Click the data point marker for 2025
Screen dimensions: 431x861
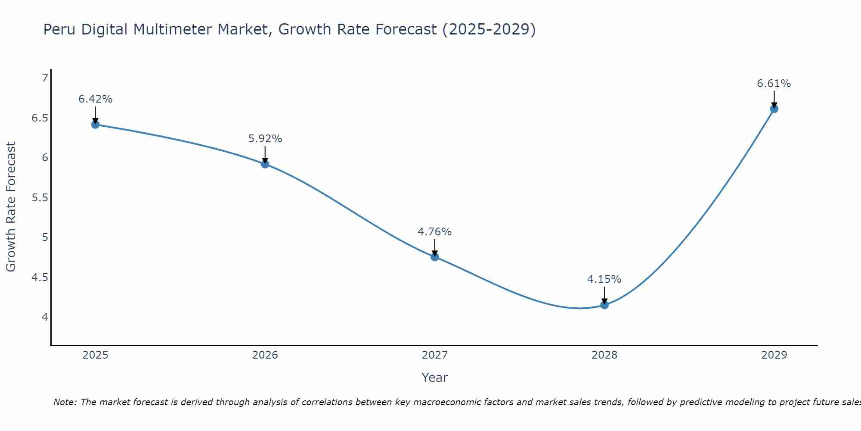click(x=96, y=125)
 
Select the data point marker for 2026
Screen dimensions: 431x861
click(x=265, y=164)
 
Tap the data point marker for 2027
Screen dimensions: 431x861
click(x=435, y=257)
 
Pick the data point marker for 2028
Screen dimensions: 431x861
click(x=604, y=305)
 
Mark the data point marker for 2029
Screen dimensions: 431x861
click(x=774, y=109)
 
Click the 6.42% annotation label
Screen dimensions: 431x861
click(x=96, y=99)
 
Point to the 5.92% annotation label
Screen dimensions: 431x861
click(x=265, y=139)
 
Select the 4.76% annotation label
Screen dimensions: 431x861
click(x=435, y=232)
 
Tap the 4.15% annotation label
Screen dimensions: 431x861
click(x=604, y=279)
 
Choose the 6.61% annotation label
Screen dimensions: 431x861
click(x=774, y=84)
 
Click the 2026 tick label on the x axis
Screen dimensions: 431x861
click(x=265, y=355)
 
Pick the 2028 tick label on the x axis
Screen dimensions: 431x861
click(x=604, y=355)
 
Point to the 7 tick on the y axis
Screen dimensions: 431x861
click(x=45, y=78)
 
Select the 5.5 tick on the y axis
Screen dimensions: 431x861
click(x=40, y=198)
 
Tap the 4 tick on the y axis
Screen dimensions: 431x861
click(x=45, y=317)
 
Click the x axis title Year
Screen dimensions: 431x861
click(x=435, y=378)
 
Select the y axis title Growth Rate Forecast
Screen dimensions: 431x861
click(x=11, y=207)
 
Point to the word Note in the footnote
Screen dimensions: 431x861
click(x=65, y=402)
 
